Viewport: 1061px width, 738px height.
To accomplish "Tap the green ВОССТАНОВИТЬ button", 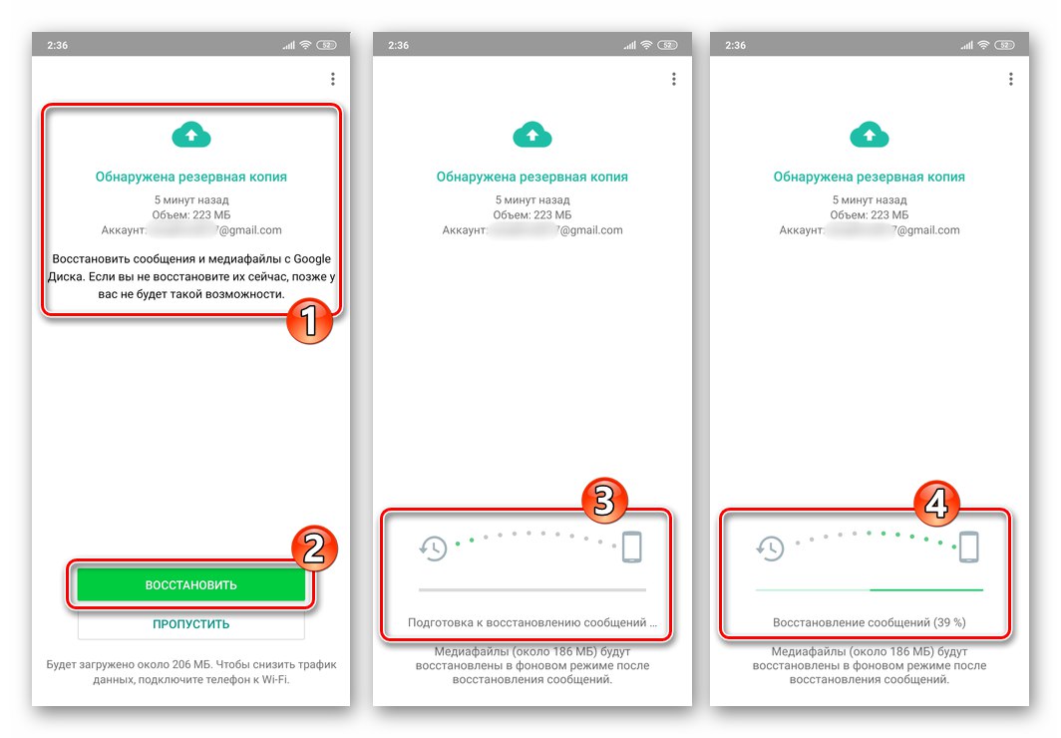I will (190, 584).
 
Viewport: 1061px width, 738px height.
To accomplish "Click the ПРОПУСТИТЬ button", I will (190, 624).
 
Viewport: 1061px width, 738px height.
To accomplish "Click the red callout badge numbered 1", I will (309, 323).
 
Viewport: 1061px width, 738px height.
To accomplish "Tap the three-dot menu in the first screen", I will (332, 79).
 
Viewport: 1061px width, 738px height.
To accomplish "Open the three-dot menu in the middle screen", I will (673, 79).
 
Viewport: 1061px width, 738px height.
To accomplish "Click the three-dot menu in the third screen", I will (1010, 79).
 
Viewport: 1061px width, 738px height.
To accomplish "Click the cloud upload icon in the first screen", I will (191, 136).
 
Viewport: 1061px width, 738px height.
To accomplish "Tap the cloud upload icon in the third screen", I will (870, 136).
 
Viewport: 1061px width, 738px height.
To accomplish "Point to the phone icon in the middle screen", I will (631, 547).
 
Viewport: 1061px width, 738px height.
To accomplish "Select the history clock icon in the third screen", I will (770, 548).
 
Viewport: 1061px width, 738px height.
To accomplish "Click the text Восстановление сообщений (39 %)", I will (869, 623).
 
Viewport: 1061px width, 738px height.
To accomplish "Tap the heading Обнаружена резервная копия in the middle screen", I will (531, 178).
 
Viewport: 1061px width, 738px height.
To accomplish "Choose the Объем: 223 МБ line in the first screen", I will (190, 214).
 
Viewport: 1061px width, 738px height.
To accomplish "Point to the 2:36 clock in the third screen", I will (736, 45).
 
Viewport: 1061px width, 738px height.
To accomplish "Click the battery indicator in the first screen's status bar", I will (326, 45).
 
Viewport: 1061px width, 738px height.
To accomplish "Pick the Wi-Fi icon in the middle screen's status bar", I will (648, 45).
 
